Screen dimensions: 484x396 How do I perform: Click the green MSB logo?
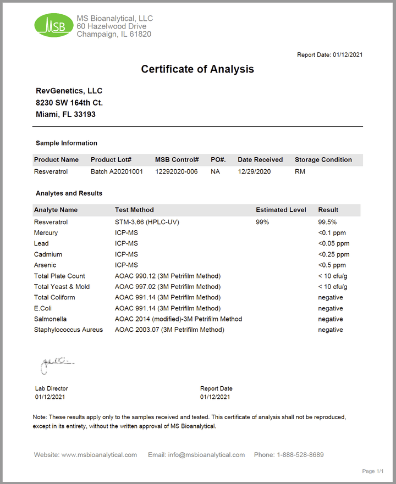pos(53,25)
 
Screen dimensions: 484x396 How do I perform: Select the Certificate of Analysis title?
pos(197,69)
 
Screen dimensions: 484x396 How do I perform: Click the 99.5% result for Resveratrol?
pos(328,222)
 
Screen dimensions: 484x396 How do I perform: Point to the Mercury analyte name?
pos(46,233)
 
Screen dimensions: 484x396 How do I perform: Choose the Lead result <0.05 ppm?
pos(333,243)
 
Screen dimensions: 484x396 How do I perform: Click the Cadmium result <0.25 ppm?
pos(333,254)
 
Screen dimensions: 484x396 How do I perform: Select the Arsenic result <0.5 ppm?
pos(332,265)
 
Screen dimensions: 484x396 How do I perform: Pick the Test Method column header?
pos(134,210)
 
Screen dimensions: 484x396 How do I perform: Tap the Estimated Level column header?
pos(281,210)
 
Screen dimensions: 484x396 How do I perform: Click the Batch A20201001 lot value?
pos(117,171)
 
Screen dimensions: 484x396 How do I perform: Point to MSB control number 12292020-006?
pos(176,171)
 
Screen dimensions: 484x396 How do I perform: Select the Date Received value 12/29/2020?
pos(254,171)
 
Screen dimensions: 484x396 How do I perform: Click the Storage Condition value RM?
pos(300,171)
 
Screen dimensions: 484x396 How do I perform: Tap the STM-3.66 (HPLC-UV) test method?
pos(147,222)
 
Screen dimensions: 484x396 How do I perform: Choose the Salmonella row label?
pos(50,319)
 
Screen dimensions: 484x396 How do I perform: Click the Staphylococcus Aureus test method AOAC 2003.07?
pos(169,330)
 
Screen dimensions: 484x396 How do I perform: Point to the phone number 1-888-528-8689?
pos(300,455)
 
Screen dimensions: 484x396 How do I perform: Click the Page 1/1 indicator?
pos(372,471)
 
